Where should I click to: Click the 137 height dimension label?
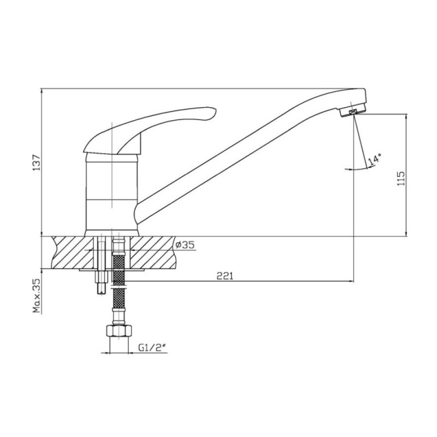pos(37,162)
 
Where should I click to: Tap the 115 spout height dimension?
pos(401,179)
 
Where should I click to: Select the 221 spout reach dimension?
pos(225,276)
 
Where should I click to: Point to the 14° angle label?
pos(374,160)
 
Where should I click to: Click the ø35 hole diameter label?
pos(185,245)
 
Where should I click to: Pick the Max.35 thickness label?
pos(37,296)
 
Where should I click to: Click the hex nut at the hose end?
pos(119,330)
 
